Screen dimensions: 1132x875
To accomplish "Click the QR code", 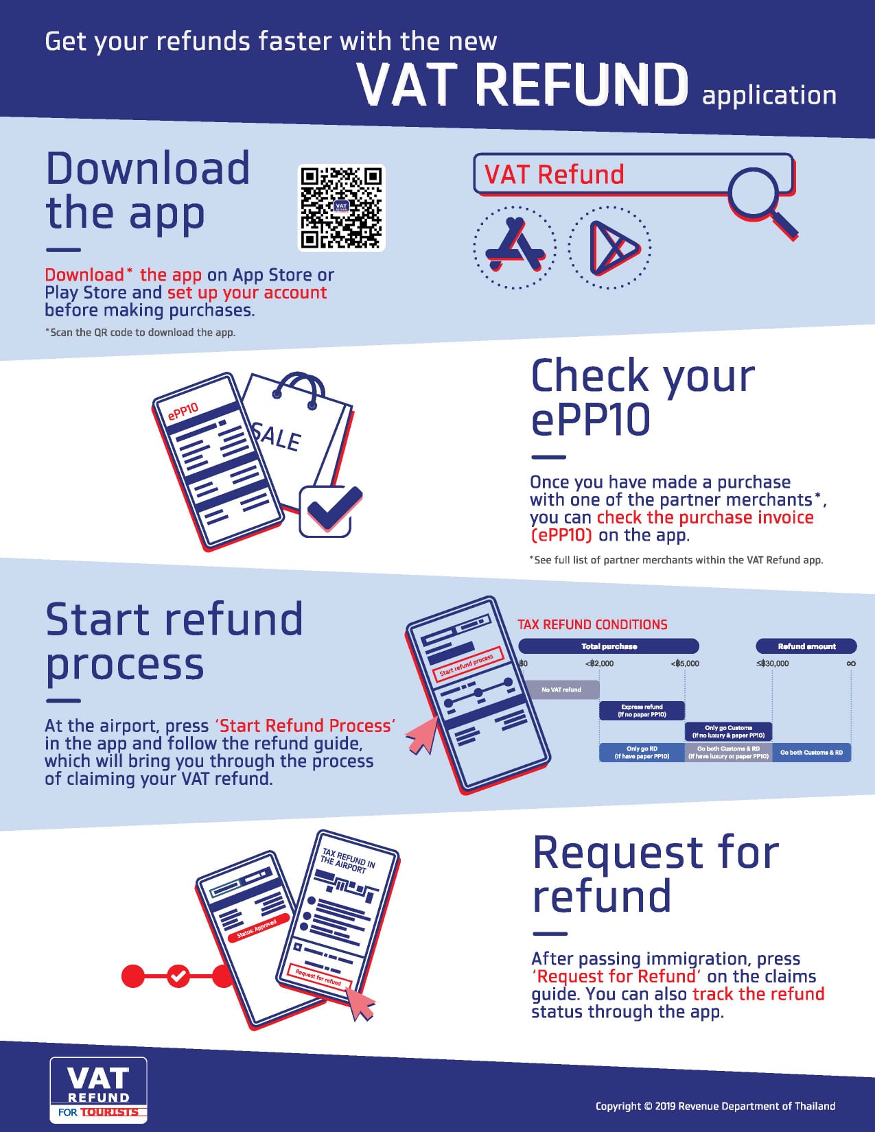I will (341, 208).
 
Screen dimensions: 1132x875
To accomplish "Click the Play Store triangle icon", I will (610, 248).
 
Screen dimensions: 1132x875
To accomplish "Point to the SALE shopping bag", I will (295, 432).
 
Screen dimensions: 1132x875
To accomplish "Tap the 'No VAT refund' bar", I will (561, 689).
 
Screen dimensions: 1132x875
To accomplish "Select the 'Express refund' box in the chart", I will (642, 711).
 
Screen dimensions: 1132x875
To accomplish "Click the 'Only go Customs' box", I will (728, 731).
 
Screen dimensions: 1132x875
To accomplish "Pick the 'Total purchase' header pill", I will (609, 646).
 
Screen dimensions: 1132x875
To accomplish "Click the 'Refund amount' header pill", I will (806, 646).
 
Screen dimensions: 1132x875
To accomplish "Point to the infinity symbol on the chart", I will (851, 663).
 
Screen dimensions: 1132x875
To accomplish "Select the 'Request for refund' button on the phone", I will (318, 977).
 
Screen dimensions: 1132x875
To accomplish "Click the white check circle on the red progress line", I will (178, 976).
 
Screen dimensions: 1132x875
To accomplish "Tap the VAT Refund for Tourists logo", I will (99, 1090).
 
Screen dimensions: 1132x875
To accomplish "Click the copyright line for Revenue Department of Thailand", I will (715, 1106).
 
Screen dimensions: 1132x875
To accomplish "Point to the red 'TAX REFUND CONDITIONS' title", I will (592, 624).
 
